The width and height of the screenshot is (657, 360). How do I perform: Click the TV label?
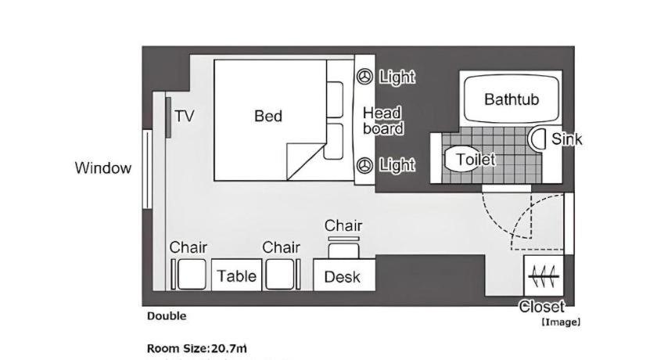tap(185, 116)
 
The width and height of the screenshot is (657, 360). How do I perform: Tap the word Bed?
tap(268, 116)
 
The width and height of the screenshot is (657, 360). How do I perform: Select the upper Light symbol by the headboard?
tap(365, 77)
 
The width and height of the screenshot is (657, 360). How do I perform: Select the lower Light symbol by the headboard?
tap(365, 165)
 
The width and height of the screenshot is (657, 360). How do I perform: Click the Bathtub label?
tap(512, 99)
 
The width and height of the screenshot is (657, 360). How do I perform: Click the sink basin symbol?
tap(537, 139)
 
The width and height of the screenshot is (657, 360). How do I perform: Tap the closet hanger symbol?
tap(544, 276)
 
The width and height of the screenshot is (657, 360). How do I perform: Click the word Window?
tap(103, 168)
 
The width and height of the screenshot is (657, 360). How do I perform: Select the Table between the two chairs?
tap(236, 275)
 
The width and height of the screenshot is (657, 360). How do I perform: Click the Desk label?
tap(342, 277)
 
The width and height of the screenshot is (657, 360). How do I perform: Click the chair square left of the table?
tap(192, 275)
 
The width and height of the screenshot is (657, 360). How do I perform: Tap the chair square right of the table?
tap(280, 275)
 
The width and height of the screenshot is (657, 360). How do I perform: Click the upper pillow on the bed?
tap(335, 99)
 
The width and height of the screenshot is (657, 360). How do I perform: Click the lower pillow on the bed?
tap(335, 141)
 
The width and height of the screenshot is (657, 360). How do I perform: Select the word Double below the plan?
tap(167, 316)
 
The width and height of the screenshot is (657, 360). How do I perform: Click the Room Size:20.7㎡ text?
tap(197, 348)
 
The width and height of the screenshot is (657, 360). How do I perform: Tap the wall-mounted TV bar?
tap(168, 117)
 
